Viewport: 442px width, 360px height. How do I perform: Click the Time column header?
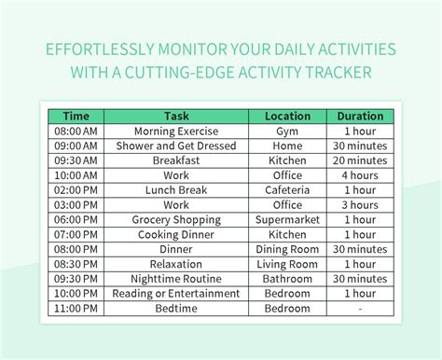point(76,117)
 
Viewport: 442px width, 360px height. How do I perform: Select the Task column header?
point(176,117)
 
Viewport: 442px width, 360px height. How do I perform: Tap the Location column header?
point(287,117)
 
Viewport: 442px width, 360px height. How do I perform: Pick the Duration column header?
point(360,117)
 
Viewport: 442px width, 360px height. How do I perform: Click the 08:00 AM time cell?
point(76,132)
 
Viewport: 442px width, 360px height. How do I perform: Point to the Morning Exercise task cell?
point(176,132)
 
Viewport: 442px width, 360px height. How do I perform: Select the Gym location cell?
point(287,132)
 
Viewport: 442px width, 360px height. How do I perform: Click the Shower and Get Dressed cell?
point(176,146)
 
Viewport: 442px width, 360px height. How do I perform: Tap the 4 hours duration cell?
point(360,175)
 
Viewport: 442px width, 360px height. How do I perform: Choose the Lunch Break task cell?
point(176,190)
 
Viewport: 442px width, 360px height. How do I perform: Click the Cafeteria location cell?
point(287,190)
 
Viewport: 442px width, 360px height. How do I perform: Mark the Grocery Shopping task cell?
point(176,220)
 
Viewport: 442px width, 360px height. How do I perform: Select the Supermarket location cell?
point(287,220)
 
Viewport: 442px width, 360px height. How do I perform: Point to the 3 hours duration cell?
point(360,205)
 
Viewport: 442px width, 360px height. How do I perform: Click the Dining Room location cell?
point(287,249)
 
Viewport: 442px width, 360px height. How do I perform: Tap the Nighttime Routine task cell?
point(176,279)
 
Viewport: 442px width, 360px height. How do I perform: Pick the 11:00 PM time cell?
point(76,308)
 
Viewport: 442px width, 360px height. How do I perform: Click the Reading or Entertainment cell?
point(176,294)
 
